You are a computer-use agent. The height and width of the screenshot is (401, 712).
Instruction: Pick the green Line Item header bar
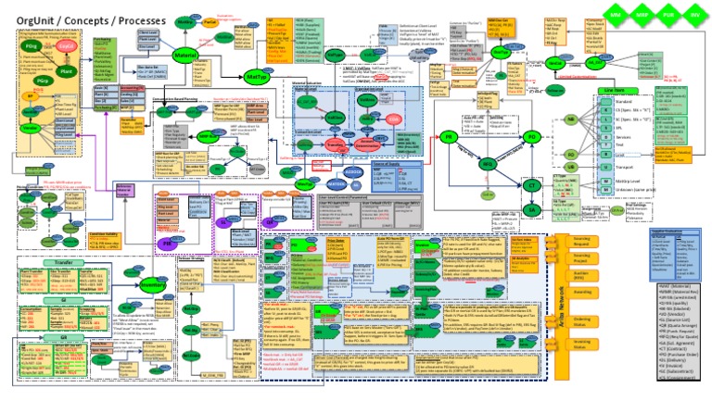pyautogui.click(x=588, y=91)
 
